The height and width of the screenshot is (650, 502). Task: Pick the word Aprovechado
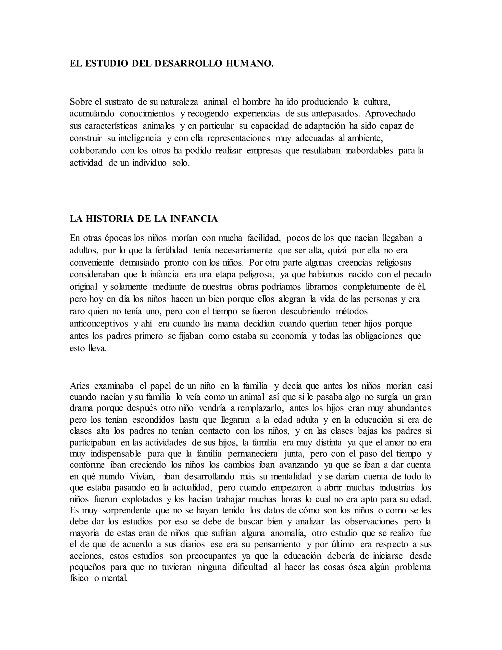pos(390,114)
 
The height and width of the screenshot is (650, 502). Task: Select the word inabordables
pos(369,151)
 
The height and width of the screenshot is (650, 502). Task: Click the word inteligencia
pos(140,138)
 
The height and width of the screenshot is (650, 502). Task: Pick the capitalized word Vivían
pos(142,477)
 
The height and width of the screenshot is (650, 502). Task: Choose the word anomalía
pos(288,533)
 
